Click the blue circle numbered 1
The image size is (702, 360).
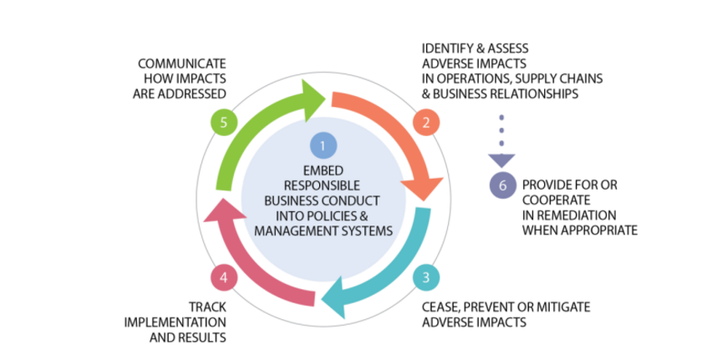tap(323, 145)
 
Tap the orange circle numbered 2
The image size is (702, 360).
tap(425, 123)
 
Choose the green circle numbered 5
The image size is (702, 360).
tap(220, 123)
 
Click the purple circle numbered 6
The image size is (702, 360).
tap(502, 186)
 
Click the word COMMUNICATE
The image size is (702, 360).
tap(182, 63)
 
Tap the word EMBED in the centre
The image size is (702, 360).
tap(323, 171)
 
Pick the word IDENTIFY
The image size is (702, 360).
tap(449, 49)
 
